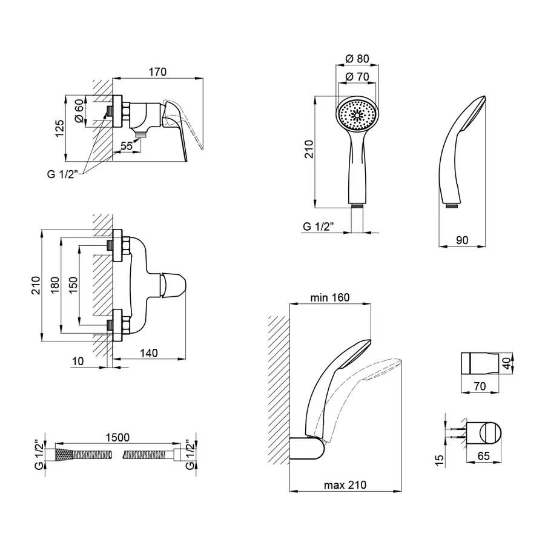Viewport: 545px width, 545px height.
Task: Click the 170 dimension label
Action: click(x=157, y=72)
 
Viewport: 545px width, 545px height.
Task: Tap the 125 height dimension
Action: click(x=59, y=129)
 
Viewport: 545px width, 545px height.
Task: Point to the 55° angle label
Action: click(x=127, y=146)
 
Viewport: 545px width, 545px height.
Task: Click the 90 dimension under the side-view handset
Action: click(x=462, y=240)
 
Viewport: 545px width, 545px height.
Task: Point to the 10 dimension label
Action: click(x=78, y=361)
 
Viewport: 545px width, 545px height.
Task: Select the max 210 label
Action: click(x=345, y=485)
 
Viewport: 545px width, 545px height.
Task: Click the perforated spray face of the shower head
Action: click(x=356, y=114)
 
